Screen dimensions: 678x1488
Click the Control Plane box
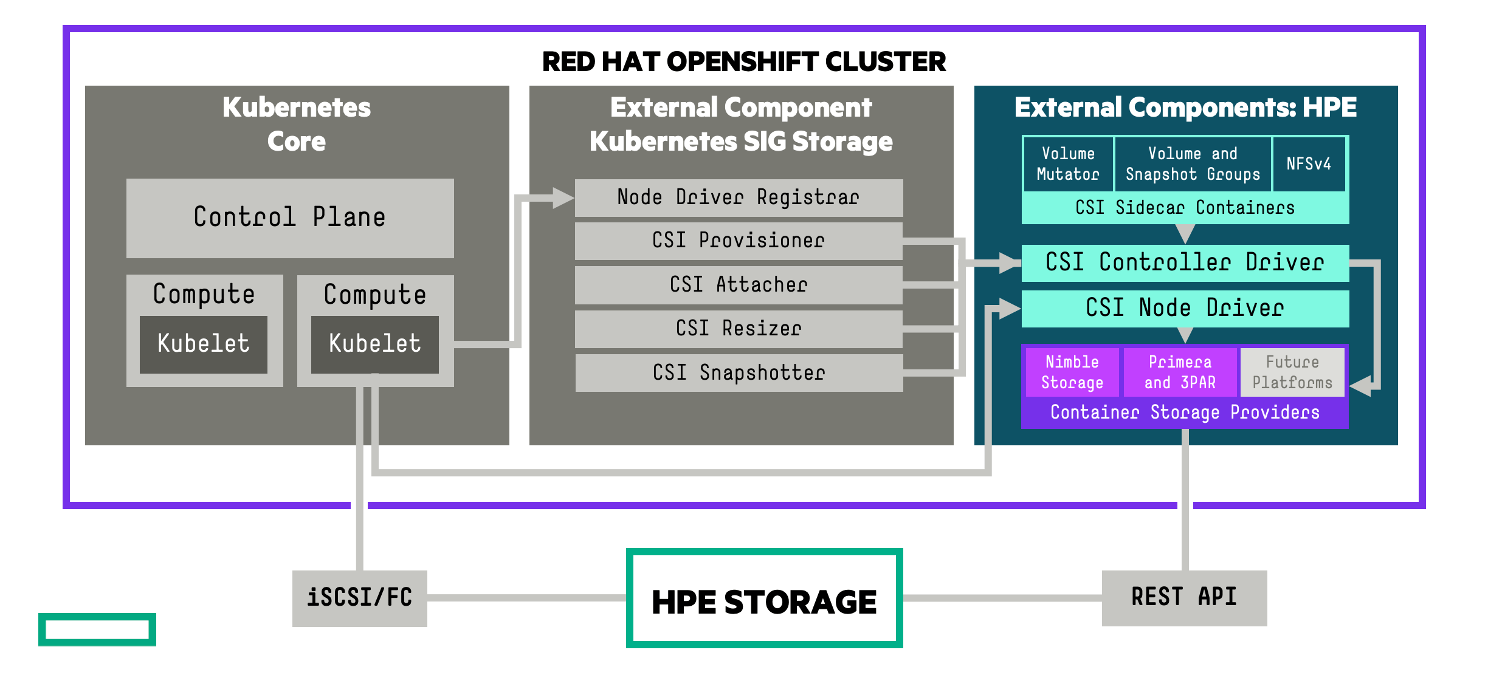pyautogui.click(x=290, y=217)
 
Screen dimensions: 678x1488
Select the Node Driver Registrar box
pyautogui.click(x=739, y=197)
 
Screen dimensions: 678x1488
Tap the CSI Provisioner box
pyautogui.click(x=739, y=241)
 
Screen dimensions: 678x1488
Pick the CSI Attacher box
pyautogui.click(x=739, y=284)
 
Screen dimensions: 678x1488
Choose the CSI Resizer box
pyautogui.click(x=739, y=329)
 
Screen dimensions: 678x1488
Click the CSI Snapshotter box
pyautogui.click(x=739, y=372)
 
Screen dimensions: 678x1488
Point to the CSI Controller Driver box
pyautogui.click(x=1185, y=262)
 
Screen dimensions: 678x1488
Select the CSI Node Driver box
pyautogui.click(x=1185, y=308)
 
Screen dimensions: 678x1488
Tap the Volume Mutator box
pyautogui.click(x=1068, y=164)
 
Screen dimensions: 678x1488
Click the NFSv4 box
pyautogui.click(x=1309, y=164)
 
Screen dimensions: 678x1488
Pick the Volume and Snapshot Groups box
pyautogui.click(x=1193, y=164)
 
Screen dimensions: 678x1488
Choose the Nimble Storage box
pyautogui.click(x=1072, y=372)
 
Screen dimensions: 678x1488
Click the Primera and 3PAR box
pyautogui.click(x=1180, y=372)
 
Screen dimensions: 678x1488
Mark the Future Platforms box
pyautogui.click(x=1292, y=372)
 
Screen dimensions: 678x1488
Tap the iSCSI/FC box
pyautogui.click(x=360, y=598)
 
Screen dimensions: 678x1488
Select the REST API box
pyautogui.click(x=1184, y=597)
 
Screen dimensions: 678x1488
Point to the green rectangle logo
pyautogui.click(x=97, y=629)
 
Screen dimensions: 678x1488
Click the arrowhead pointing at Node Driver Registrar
pyautogui.click(x=563, y=198)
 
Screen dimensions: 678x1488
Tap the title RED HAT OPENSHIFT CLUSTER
pyautogui.click(x=744, y=62)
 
